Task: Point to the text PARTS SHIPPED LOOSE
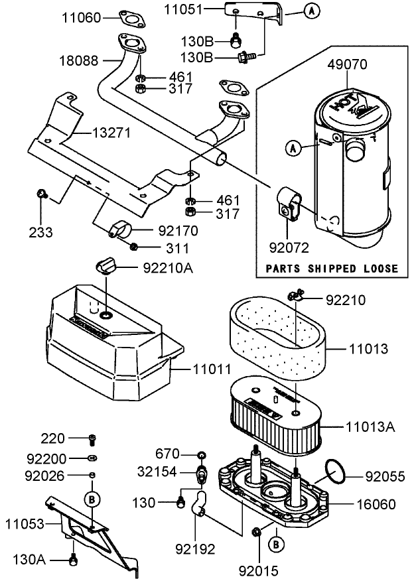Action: pos(332,269)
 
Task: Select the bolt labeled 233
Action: pos(42,194)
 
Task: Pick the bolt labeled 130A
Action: pos(74,561)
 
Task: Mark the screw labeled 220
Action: pos(92,438)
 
